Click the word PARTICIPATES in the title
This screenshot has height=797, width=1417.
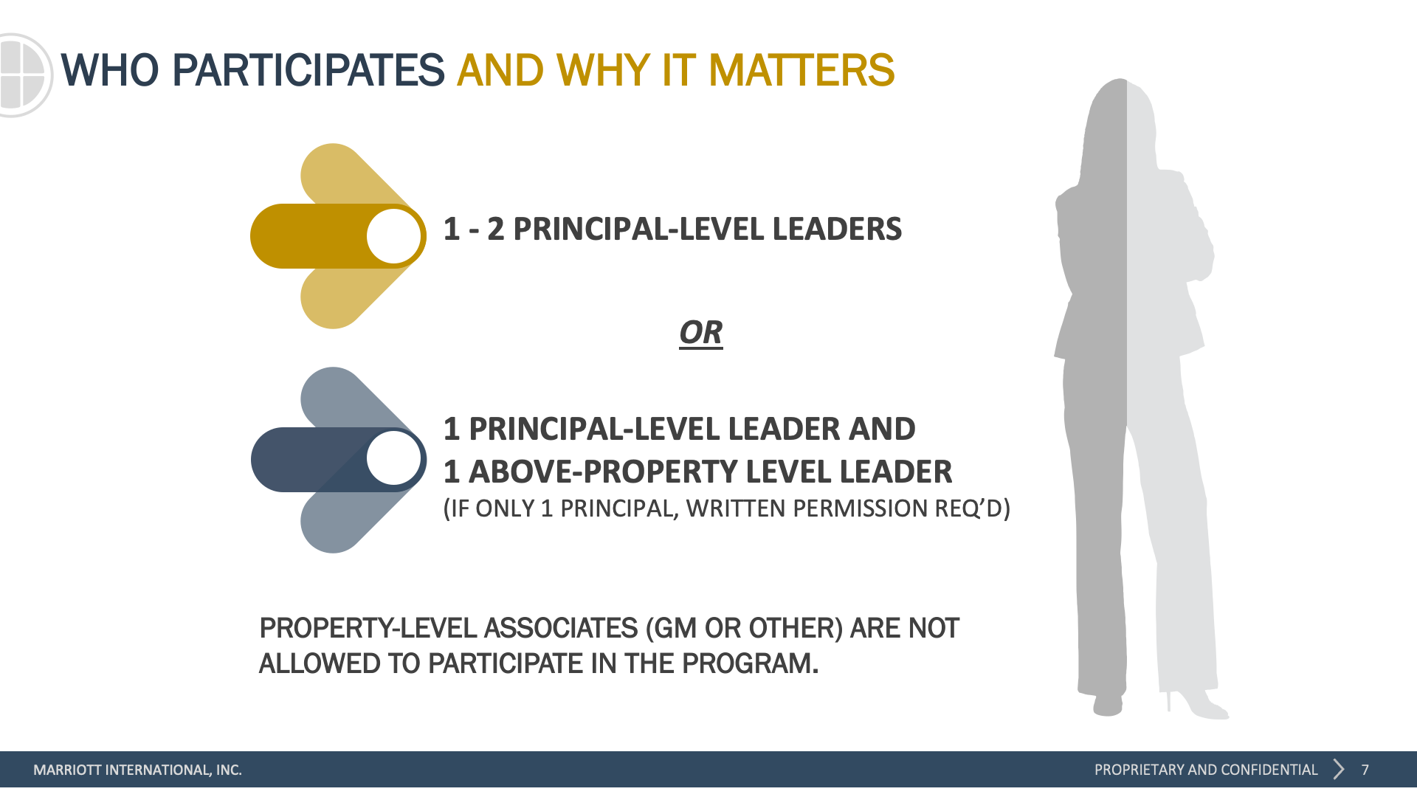click(x=308, y=71)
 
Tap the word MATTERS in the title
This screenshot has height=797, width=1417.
click(x=801, y=71)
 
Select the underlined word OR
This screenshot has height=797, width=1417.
click(x=701, y=333)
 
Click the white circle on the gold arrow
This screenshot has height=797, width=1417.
click(x=394, y=236)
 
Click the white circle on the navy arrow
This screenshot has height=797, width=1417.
click(x=394, y=458)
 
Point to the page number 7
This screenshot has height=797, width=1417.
click(x=1365, y=770)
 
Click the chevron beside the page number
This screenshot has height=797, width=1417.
click(x=1339, y=769)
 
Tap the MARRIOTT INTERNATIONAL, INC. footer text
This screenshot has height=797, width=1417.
click(x=137, y=770)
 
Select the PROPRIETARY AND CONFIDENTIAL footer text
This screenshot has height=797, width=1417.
click(x=1206, y=770)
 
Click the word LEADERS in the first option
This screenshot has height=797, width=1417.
click(x=837, y=229)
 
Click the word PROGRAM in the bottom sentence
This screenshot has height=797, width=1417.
click(x=750, y=663)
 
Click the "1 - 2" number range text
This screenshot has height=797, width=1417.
click(x=474, y=229)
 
